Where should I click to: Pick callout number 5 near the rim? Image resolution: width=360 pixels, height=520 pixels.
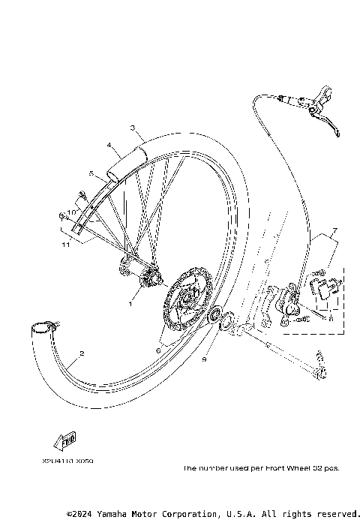coord(91,173)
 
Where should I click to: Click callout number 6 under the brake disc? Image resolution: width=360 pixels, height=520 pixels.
coord(158,350)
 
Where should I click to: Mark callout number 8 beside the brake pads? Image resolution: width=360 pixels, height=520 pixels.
coord(331,318)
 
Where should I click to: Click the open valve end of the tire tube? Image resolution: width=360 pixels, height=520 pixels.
coord(43,326)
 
